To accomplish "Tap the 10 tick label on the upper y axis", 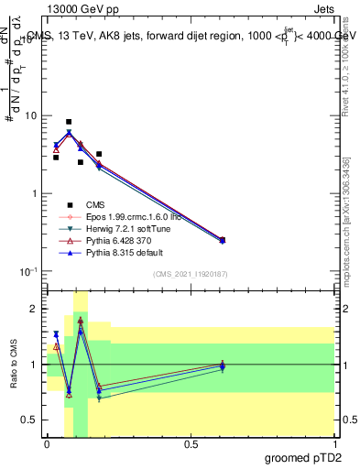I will [29, 116].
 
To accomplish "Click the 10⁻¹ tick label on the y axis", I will [27, 272].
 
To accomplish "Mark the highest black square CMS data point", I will [69, 122].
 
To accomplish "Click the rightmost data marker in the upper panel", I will [223, 240].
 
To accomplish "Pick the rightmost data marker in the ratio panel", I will [223, 365].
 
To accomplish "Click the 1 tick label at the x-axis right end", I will [333, 443].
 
